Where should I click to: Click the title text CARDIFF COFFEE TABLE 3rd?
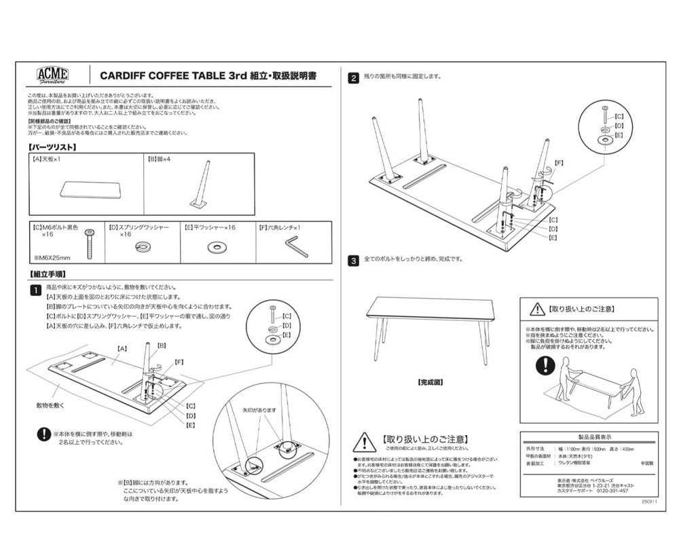tap(172, 75)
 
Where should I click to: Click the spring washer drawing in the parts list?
tap(143, 246)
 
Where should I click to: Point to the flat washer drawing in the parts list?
tap(217, 246)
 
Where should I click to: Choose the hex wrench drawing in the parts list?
tap(295, 245)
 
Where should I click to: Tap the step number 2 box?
tap(354, 78)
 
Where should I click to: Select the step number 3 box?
tap(354, 260)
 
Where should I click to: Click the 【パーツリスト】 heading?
tap(52, 147)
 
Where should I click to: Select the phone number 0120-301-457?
tap(612, 491)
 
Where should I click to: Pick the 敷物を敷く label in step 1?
tap(51, 405)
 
